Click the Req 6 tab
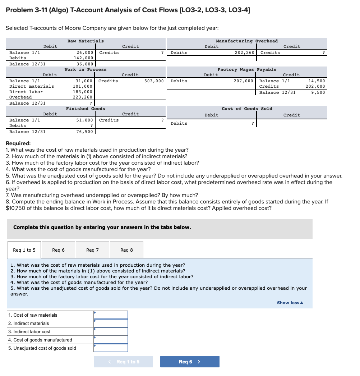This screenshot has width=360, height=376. click(x=58, y=250)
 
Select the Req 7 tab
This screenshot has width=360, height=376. click(x=92, y=250)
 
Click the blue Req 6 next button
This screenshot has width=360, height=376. click(x=189, y=362)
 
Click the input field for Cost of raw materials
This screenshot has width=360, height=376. click(x=111, y=315)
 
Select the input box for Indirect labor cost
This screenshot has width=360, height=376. click(x=111, y=331)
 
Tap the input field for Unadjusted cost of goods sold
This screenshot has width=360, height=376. click(x=111, y=348)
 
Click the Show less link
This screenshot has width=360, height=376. click(x=290, y=303)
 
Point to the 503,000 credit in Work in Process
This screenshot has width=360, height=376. click(x=154, y=81)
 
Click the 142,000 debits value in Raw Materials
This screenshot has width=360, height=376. click(x=83, y=58)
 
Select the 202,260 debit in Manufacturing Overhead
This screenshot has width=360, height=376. click(x=244, y=52)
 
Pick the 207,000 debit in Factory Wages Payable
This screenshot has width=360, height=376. click(x=244, y=81)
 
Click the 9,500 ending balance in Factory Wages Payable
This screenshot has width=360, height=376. click(x=318, y=92)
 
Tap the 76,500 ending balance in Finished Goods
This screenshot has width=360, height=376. click(x=85, y=132)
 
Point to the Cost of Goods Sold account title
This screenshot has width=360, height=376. click(x=247, y=109)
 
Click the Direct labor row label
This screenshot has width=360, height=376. click(x=26, y=92)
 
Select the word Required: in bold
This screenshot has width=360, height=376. click(x=18, y=143)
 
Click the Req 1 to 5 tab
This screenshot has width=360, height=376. click(x=24, y=250)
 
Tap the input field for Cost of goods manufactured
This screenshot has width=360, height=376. click(x=111, y=340)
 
